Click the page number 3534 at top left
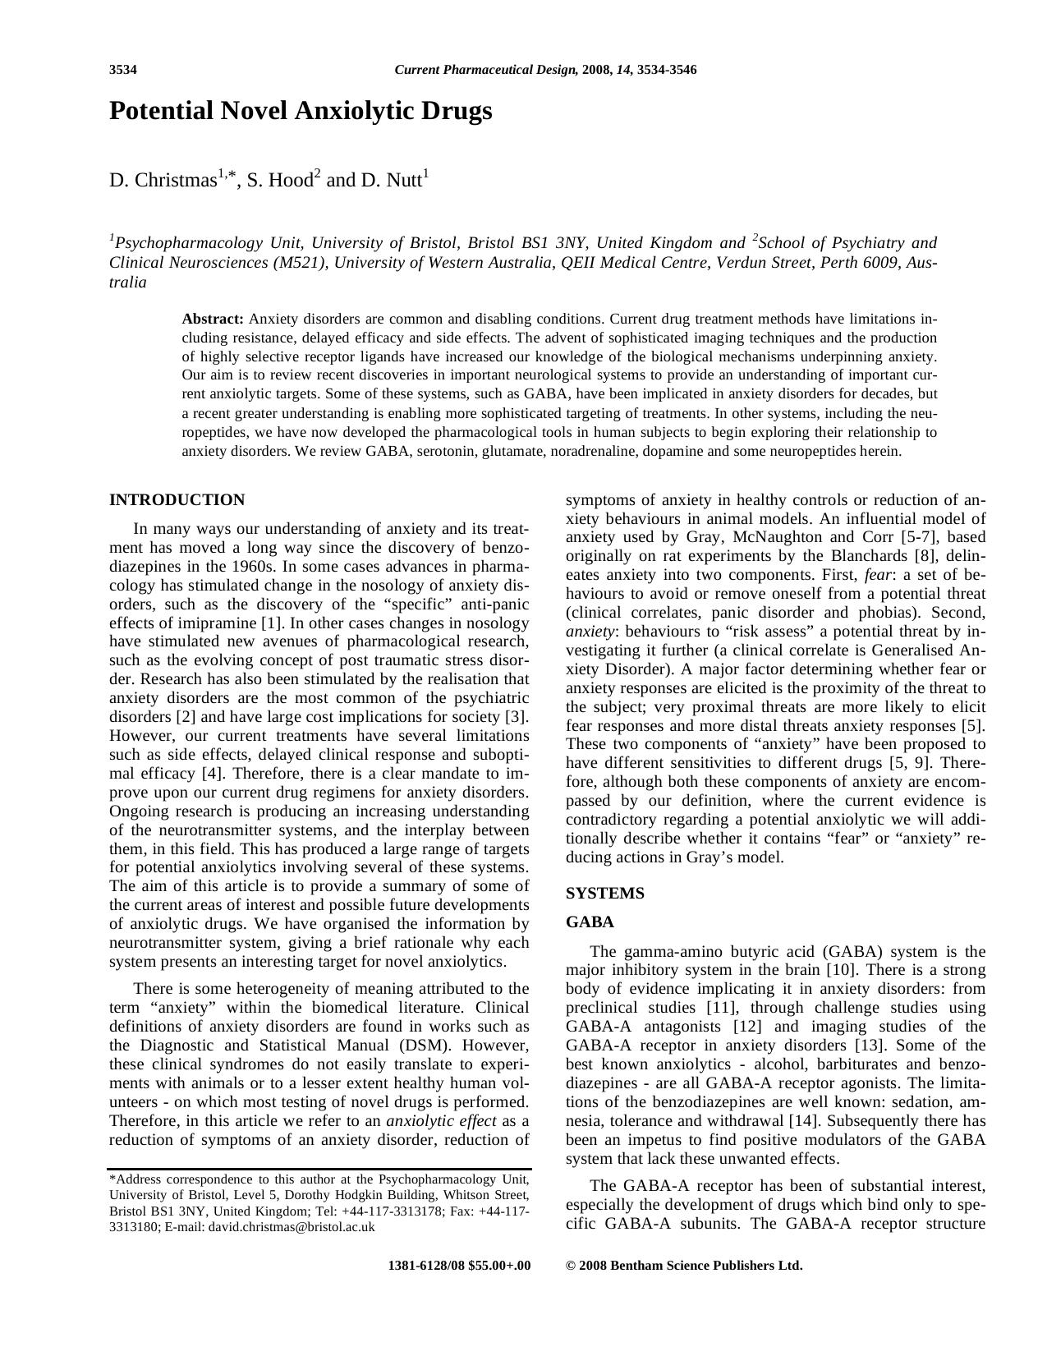[x=122, y=70]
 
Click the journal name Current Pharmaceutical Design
[x=485, y=70]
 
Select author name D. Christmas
[x=163, y=181]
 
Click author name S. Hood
[x=280, y=181]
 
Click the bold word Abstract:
[x=213, y=319]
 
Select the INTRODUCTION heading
[x=177, y=500]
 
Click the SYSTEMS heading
[x=604, y=894]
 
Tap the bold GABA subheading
[x=590, y=922]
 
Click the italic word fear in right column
[x=878, y=575]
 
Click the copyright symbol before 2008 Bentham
[x=571, y=1266]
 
